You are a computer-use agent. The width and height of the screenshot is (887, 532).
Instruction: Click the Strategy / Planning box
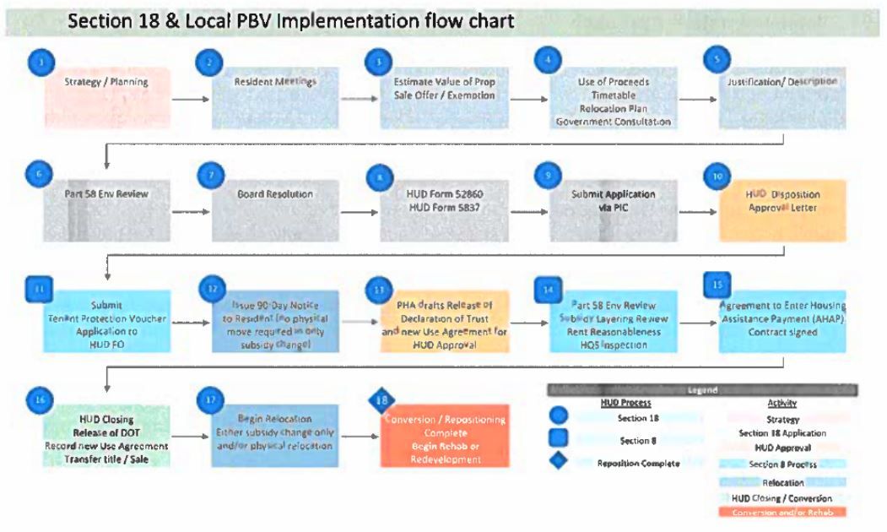click(106, 97)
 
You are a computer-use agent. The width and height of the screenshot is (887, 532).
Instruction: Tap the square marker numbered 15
click(717, 284)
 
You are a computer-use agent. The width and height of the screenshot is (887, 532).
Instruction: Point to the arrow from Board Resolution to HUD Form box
click(360, 210)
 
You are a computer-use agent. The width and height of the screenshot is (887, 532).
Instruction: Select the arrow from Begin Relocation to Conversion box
click(360, 437)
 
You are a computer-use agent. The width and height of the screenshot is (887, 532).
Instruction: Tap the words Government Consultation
click(614, 122)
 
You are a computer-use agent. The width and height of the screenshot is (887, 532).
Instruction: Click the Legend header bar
click(701, 390)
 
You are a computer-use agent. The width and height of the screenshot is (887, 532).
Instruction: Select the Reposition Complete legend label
click(639, 463)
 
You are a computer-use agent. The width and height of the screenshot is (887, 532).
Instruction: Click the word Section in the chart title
click(98, 20)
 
